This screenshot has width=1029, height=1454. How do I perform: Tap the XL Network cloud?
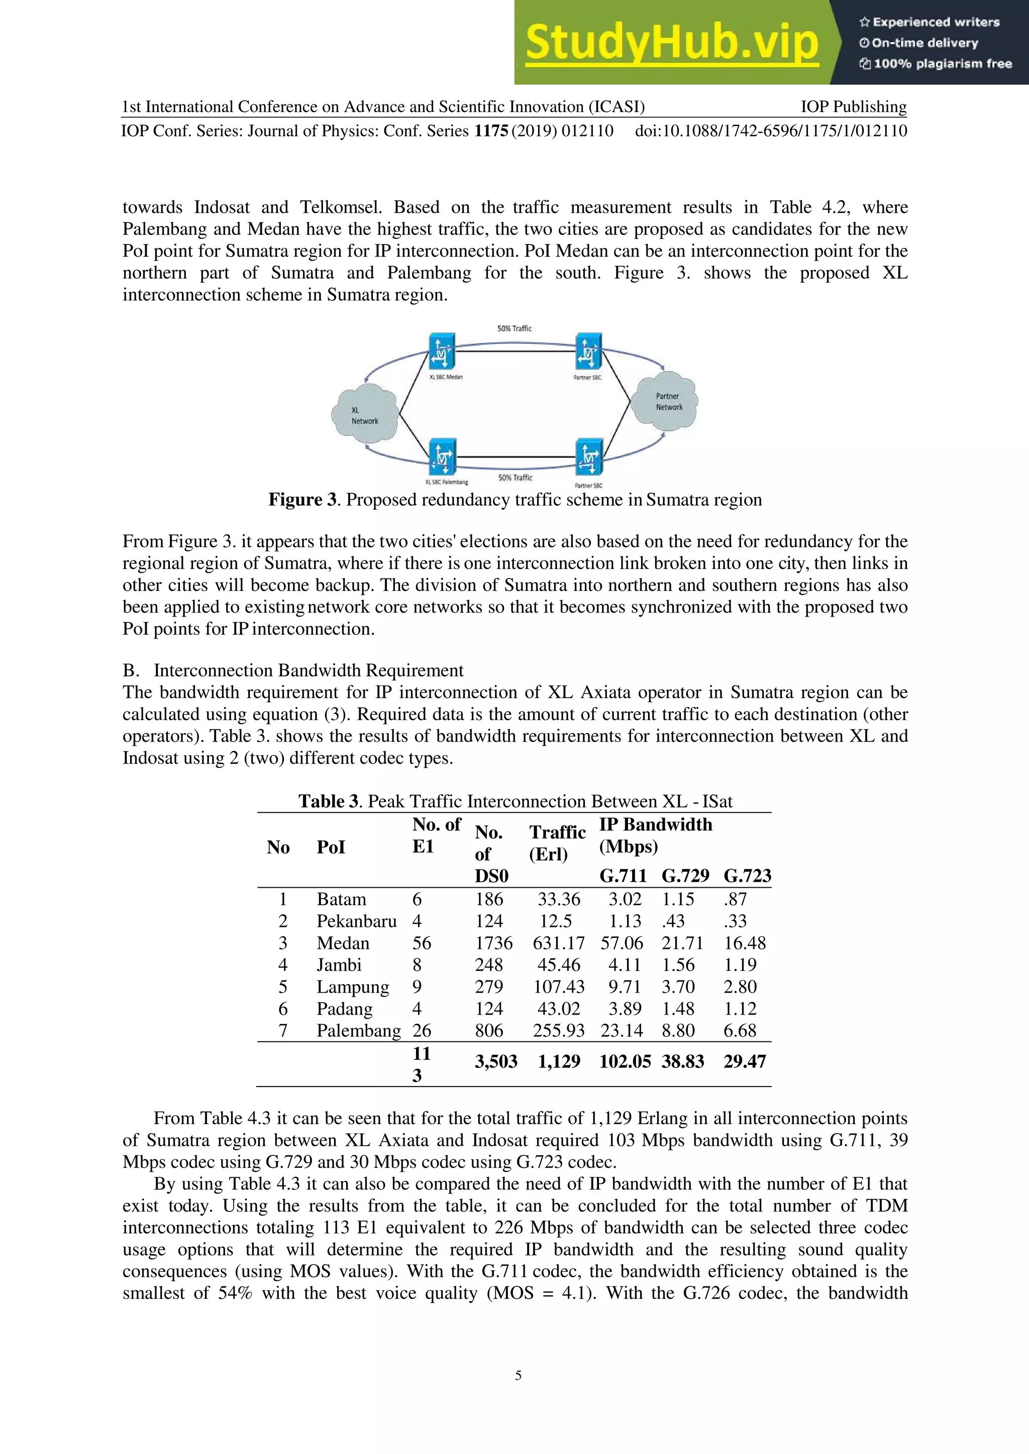tap(365, 415)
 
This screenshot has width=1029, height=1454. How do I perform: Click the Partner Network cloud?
tap(668, 402)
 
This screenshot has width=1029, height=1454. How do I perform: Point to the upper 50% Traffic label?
tap(514, 329)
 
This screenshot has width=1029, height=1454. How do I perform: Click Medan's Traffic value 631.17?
tap(558, 943)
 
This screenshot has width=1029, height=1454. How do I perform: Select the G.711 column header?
tap(623, 876)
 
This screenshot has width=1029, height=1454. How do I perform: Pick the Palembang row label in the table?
tap(359, 1030)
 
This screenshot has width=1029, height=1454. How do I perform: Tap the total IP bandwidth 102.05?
tap(625, 1061)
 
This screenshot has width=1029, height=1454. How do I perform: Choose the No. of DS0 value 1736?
tap(493, 943)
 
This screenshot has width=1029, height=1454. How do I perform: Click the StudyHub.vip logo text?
tap(672, 43)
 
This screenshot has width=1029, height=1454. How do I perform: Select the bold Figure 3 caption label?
tap(303, 500)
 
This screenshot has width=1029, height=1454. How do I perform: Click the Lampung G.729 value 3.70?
tap(678, 987)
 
